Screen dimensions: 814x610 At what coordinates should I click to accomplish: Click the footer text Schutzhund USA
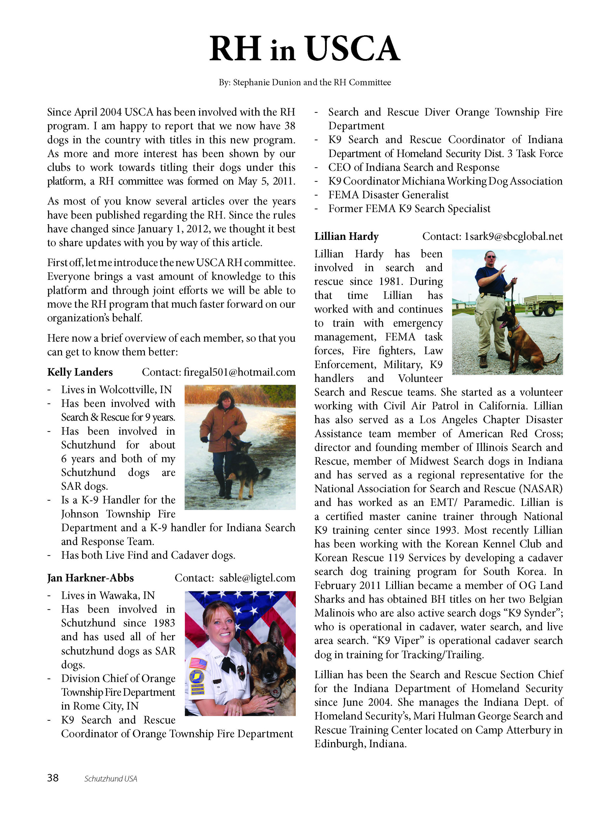110,779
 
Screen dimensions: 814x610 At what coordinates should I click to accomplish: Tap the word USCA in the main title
352,49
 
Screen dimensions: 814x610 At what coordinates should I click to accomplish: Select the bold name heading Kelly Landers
80,372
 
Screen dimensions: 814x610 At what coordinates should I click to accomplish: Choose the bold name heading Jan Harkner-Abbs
90,578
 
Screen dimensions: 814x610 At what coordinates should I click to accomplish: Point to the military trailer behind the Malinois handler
543,304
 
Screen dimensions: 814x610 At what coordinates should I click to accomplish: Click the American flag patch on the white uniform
198,663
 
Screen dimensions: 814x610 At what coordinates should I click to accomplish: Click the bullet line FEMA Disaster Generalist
388,195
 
